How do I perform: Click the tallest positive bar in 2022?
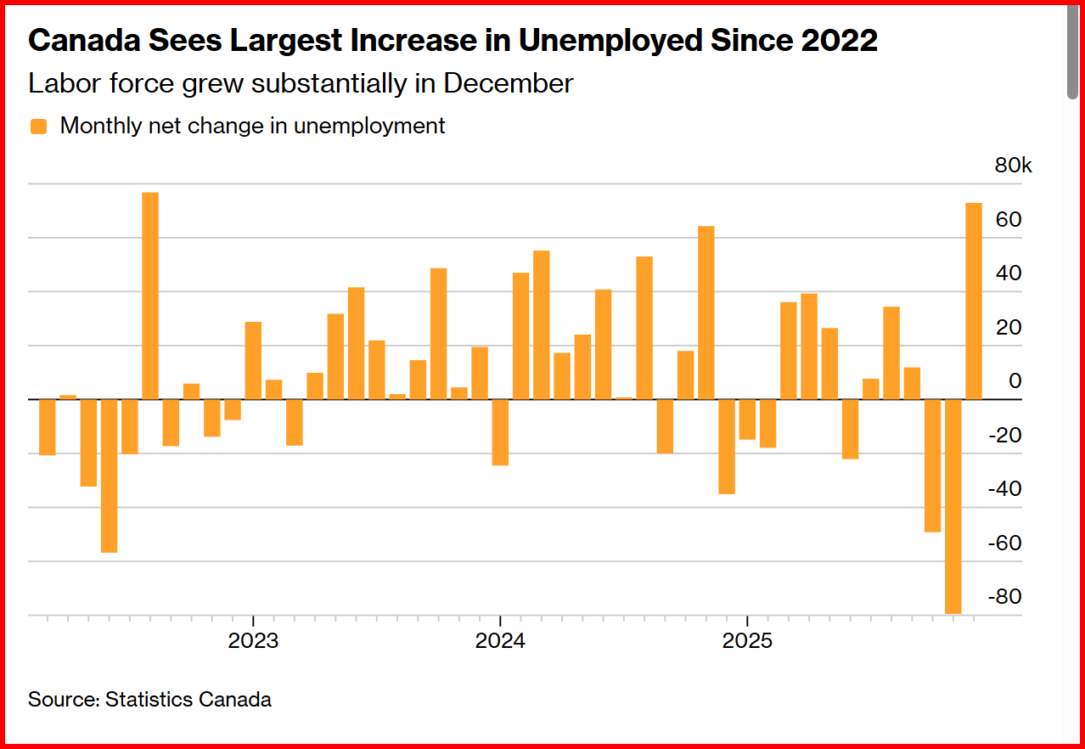(x=150, y=296)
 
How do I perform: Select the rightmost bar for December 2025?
(x=974, y=301)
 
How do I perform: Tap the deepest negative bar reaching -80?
(x=953, y=506)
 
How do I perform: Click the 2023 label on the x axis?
(x=253, y=641)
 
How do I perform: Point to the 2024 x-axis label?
(x=500, y=641)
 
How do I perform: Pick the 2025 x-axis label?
(x=747, y=641)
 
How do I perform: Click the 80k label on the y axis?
(x=1013, y=166)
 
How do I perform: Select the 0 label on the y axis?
(x=1015, y=381)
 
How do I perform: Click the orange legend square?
(x=38, y=127)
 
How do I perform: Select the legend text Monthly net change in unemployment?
(x=252, y=127)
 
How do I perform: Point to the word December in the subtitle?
(x=509, y=84)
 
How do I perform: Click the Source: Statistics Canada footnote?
(x=149, y=700)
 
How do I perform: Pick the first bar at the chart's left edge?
(x=48, y=427)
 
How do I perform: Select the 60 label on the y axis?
(x=1009, y=220)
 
